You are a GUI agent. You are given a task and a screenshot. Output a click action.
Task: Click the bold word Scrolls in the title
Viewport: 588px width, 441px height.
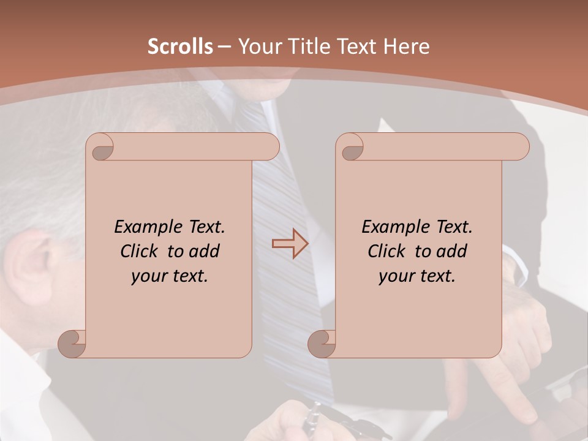point(181,46)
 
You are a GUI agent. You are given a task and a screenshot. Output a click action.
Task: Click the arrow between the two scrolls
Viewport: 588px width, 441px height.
point(290,244)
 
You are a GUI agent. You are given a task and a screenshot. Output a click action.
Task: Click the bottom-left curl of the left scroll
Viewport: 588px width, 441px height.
point(72,344)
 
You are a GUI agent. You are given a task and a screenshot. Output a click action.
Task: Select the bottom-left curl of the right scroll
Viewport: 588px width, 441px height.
point(322,344)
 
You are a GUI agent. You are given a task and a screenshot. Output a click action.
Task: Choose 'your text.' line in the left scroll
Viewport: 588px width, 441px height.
point(169,276)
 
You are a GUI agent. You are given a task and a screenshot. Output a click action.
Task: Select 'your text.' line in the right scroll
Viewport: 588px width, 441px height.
point(417,276)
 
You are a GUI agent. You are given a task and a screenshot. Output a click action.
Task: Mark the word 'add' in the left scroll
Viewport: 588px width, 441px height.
point(205,251)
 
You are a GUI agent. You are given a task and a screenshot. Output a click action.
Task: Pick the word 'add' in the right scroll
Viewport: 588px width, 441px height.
point(452,251)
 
